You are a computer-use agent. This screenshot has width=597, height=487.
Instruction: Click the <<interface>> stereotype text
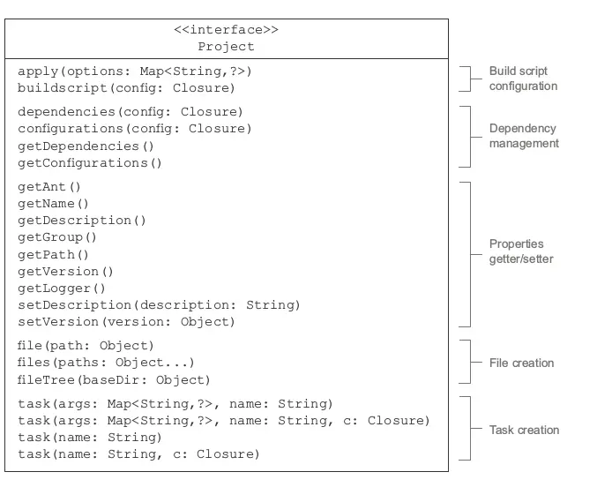click(226, 29)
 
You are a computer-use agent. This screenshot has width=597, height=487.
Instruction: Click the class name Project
click(226, 47)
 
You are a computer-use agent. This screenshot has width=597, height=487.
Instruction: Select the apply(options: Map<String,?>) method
click(134, 71)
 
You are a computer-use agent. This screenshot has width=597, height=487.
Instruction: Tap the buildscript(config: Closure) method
click(126, 88)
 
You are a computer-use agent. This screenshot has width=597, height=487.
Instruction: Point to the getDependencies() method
click(86, 146)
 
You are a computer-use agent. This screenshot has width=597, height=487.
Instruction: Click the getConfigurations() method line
click(90, 163)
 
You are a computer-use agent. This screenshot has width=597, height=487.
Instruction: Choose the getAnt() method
click(49, 187)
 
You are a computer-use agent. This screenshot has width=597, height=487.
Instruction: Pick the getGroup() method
click(57, 237)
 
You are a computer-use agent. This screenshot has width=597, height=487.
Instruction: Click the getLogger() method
click(62, 288)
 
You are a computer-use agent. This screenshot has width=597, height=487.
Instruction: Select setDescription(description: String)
click(159, 305)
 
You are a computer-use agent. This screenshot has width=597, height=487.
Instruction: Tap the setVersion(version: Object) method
click(126, 322)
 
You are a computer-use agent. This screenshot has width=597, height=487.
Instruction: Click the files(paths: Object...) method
click(106, 362)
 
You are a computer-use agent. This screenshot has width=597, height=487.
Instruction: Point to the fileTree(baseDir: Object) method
click(114, 379)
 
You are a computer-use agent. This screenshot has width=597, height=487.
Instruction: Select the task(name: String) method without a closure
click(90, 437)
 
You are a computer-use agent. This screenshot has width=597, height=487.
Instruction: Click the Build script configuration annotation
click(523, 79)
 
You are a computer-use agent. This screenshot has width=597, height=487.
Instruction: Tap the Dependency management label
click(524, 136)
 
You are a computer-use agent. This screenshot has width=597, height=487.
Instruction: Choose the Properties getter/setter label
click(521, 251)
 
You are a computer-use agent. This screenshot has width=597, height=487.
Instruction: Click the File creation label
click(522, 363)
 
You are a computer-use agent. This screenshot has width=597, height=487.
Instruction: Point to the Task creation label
click(525, 430)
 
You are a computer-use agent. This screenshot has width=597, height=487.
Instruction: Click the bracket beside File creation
click(471, 362)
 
